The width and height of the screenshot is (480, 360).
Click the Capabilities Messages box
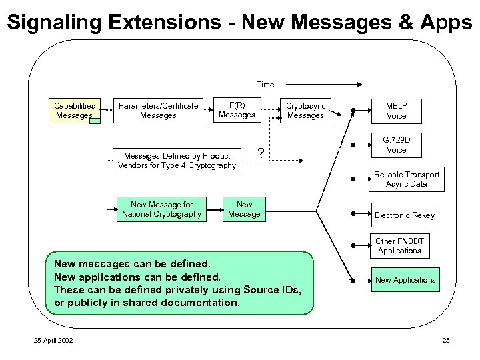75,110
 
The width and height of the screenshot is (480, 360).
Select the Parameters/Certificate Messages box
158,110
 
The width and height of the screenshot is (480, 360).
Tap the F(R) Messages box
237,110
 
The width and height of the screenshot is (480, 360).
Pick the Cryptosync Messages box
305,110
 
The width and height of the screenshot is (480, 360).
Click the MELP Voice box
396,110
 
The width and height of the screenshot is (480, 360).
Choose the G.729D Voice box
396,145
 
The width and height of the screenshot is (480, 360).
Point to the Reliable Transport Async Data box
406,179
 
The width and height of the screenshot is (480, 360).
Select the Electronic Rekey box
404,215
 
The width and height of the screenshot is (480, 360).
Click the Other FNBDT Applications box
399,245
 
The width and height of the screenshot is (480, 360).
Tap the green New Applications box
405,280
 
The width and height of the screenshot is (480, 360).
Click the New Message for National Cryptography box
161,209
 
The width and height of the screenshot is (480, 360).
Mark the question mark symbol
261,153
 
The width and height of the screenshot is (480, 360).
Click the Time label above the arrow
265,85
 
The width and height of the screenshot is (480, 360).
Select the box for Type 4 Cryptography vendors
177,160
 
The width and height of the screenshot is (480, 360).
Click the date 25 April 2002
54,341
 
